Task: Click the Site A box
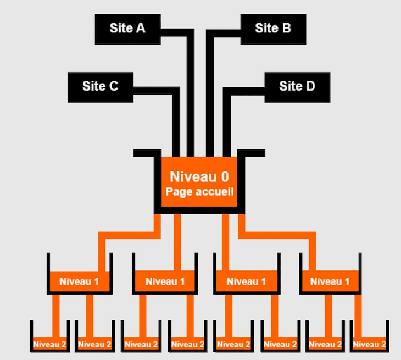pos(127,28)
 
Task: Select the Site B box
pos(273,28)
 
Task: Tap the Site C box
pos(100,86)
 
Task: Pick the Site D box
pos(297,86)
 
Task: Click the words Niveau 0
pos(199,177)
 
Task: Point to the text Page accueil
pos(199,192)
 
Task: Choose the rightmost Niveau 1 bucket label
pos(330,282)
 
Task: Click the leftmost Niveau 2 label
pos(49,345)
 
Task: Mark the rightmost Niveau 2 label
pos(369,345)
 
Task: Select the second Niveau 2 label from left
pos(94,345)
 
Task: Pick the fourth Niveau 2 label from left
pos(187,345)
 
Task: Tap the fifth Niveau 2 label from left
pos(233,345)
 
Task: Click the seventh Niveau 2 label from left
pos(324,345)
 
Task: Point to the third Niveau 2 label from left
pos(141,345)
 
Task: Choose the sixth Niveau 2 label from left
pos(279,345)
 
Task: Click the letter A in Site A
pos(141,28)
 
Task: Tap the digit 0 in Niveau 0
pos(224,177)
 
